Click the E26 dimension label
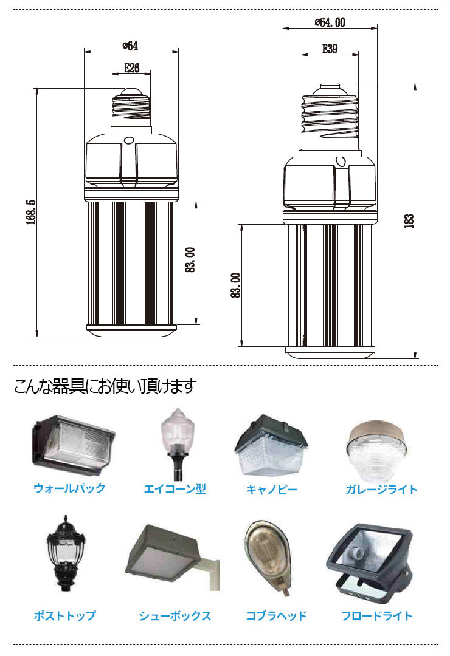131,68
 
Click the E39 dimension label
329,49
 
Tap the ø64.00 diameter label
330,22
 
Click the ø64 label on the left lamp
130,46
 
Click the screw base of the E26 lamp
131,109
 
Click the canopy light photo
271,446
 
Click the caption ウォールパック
69,488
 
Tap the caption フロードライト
377,616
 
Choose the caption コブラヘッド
276,616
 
